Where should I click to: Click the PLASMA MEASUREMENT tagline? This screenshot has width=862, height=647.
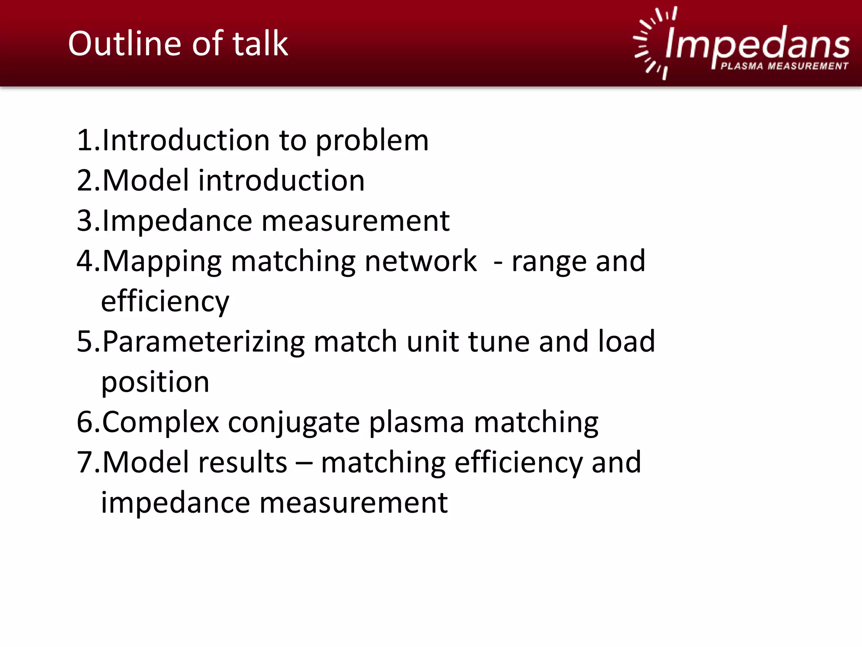click(784, 66)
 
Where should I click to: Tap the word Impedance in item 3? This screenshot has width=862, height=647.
click(177, 221)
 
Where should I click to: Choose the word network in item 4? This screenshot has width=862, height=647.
click(420, 261)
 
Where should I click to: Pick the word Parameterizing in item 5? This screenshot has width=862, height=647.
click(203, 342)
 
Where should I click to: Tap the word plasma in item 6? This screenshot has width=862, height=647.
click(416, 422)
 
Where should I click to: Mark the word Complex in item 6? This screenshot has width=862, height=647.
click(160, 422)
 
